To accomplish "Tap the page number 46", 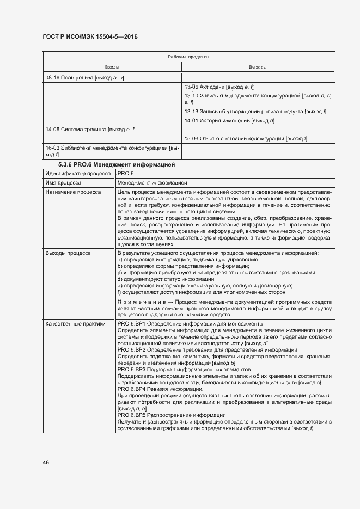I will (x=46, y=462).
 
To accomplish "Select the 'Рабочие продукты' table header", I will (x=188, y=57).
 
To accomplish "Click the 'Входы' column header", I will (x=112, y=67).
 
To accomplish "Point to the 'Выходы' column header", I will (x=257, y=67).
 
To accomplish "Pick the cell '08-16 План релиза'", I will (x=85, y=78).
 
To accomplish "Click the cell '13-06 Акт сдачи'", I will (x=219, y=87).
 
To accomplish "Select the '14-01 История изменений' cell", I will (x=229, y=120).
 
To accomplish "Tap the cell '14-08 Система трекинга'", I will (x=90, y=130).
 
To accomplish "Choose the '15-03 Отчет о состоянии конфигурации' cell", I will (x=246, y=139).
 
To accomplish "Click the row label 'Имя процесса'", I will (x=63, y=183).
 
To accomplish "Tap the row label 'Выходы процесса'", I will (x=68, y=253).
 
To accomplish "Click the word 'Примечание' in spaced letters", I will (x=136, y=302).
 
